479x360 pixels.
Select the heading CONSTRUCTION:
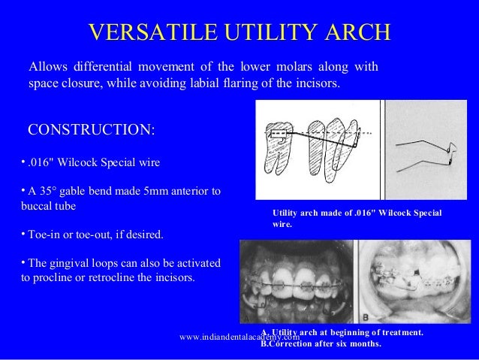point(92,130)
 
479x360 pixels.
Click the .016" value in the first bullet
point(43,162)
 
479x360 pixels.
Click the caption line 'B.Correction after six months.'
point(321,344)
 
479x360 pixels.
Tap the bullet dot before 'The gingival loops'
point(23,262)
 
